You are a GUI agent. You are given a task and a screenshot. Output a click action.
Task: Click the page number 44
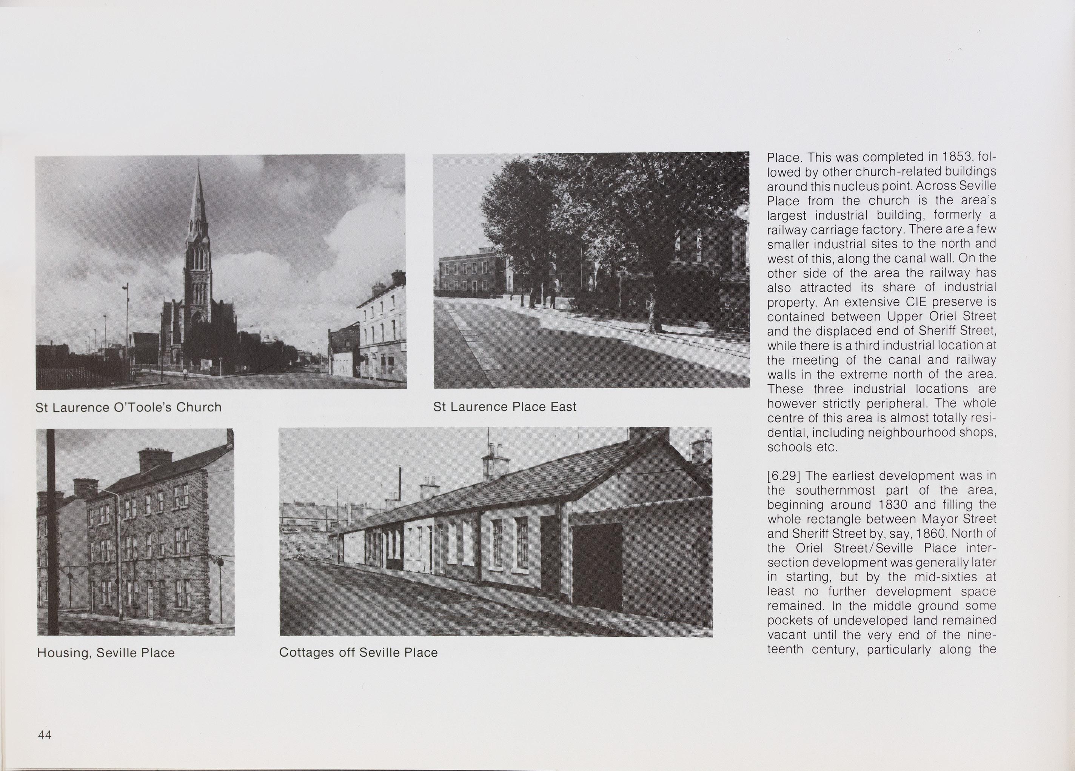tap(45, 735)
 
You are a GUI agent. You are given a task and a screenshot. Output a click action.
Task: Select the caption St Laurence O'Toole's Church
tap(128, 407)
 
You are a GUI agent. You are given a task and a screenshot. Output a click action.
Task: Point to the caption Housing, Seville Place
tap(106, 653)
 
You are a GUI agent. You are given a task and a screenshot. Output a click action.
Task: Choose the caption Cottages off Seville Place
tap(358, 652)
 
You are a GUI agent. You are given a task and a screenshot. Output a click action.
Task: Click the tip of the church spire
tap(198, 162)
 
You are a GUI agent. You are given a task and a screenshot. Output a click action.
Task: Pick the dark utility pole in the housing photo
tap(52, 531)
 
